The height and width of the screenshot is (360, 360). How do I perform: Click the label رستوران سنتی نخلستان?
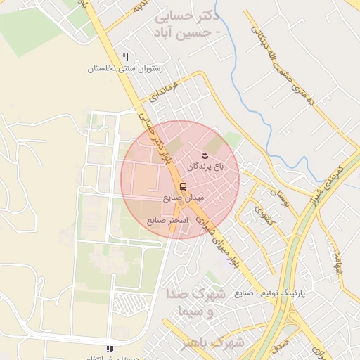pyautogui.click(x=125, y=69)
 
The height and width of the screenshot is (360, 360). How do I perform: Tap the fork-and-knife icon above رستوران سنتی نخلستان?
pyautogui.click(x=125, y=57)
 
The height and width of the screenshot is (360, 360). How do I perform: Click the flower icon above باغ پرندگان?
pyautogui.click(x=205, y=153)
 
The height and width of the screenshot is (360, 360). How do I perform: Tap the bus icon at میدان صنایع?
pyautogui.click(x=183, y=186)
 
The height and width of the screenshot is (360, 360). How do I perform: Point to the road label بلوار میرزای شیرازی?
pyautogui.click(x=216, y=239)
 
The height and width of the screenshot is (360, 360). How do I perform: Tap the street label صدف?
pyautogui.click(x=281, y=345)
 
